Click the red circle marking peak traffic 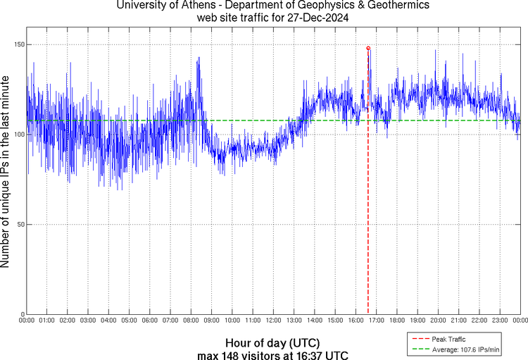pyautogui.click(x=368, y=48)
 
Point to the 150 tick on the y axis pyautogui.click(x=18, y=44)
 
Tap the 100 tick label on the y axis pyautogui.click(x=18, y=135)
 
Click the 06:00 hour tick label pyautogui.click(x=150, y=321)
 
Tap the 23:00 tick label pyautogui.click(x=499, y=321)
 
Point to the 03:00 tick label pyautogui.click(x=88, y=321)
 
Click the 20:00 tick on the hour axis pyautogui.click(x=438, y=321)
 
